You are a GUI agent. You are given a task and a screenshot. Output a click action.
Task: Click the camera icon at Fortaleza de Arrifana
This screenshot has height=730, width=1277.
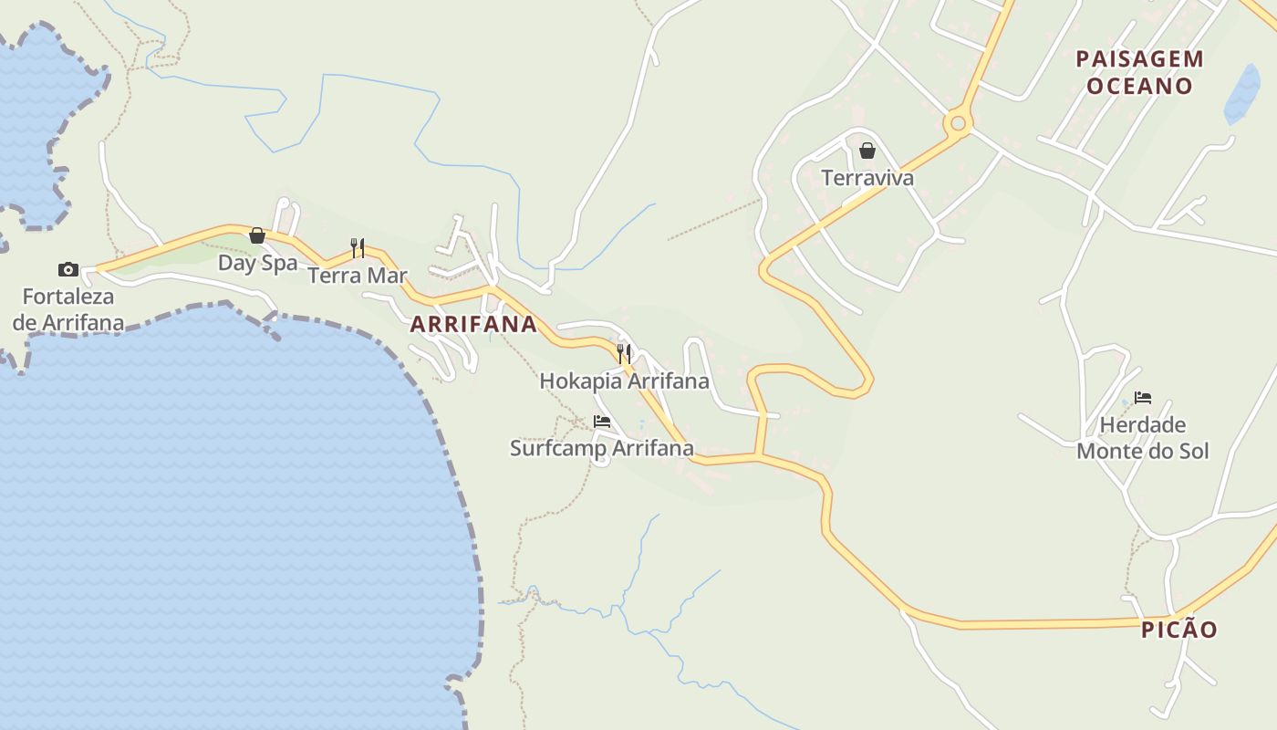(x=68, y=269)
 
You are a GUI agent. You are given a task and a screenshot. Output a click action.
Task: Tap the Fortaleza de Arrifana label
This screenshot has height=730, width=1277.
(x=68, y=309)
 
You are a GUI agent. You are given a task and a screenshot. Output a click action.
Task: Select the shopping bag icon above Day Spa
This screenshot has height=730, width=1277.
(x=257, y=236)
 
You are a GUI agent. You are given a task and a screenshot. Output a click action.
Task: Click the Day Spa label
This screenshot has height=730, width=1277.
(x=257, y=263)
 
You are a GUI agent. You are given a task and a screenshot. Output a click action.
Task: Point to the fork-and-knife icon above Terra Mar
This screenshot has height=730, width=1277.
(x=358, y=247)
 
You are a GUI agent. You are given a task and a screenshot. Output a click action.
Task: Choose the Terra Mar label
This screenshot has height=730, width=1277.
(x=358, y=275)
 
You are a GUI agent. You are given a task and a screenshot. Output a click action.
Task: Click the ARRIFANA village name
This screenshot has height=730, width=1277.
(x=473, y=324)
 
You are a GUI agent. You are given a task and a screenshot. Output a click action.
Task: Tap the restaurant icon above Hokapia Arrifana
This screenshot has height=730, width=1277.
(x=624, y=353)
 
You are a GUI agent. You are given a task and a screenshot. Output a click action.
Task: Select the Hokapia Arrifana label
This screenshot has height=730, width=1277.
(x=624, y=381)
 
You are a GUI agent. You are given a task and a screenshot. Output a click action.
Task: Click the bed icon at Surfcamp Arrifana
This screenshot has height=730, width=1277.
(x=601, y=422)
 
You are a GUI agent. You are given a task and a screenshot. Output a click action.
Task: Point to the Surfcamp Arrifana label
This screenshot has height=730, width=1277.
(x=601, y=448)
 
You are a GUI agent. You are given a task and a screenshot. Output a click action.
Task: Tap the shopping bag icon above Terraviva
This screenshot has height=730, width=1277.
(x=867, y=151)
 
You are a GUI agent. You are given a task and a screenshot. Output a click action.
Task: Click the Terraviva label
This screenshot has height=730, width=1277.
(x=867, y=177)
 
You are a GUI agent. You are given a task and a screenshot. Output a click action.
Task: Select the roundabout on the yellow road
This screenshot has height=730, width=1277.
(x=958, y=122)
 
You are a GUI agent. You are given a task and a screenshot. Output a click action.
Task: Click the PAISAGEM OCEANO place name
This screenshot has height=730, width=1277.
(x=1139, y=72)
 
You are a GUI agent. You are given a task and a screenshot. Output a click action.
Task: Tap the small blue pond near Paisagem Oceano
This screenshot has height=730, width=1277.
(x=1242, y=93)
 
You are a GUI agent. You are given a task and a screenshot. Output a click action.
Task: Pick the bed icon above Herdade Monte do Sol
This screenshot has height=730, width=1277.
(x=1142, y=398)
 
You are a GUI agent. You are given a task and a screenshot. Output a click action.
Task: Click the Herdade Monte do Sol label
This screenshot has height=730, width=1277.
(x=1143, y=438)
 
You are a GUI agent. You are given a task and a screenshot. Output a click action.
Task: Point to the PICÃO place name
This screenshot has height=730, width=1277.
(x=1178, y=630)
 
